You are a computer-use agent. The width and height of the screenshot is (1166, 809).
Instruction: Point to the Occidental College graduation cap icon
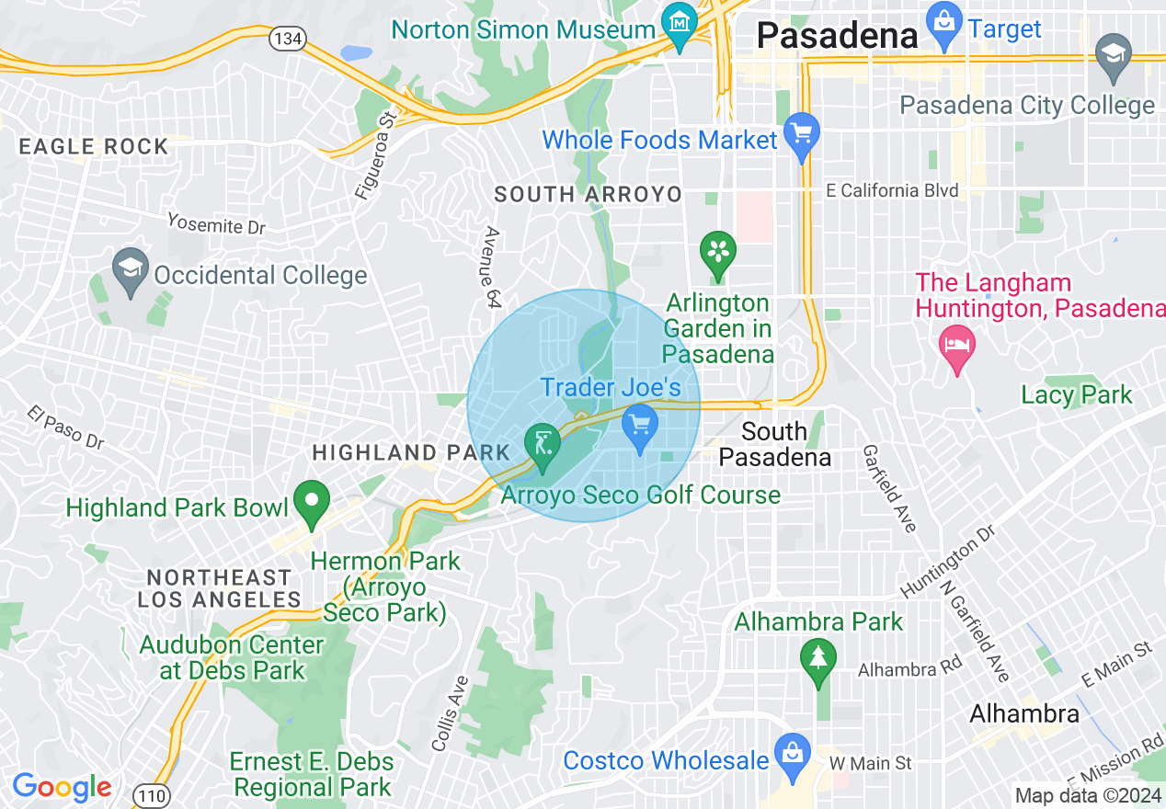pyautogui.click(x=131, y=269)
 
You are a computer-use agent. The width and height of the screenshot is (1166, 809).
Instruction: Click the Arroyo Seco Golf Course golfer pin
pyautogui.click(x=542, y=446)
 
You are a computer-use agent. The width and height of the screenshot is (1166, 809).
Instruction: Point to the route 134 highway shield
pyautogui.click(x=286, y=38)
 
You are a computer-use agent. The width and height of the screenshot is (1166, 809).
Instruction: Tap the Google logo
pyautogui.click(x=62, y=788)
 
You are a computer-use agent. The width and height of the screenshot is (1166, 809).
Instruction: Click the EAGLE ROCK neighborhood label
pyautogui.click(x=94, y=146)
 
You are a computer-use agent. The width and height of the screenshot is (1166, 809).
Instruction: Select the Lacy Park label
pyautogui.click(x=1077, y=395)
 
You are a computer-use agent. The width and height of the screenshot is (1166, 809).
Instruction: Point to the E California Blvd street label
pyautogui.click(x=892, y=190)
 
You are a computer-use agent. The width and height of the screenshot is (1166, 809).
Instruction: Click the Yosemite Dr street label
pyautogui.click(x=216, y=223)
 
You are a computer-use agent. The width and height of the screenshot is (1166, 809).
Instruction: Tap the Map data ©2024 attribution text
pyautogui.click(x=1087, y=795)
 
